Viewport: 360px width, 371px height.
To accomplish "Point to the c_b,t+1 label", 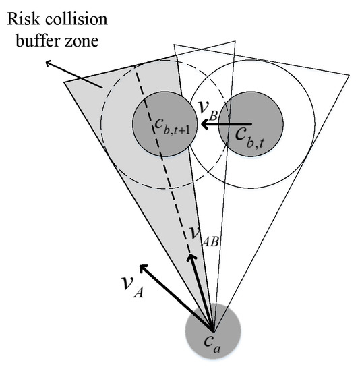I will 160,124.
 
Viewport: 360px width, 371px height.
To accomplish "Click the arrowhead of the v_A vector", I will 143,268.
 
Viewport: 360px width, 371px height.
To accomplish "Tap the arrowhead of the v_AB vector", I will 192,258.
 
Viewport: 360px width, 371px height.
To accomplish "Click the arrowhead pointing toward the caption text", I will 48,63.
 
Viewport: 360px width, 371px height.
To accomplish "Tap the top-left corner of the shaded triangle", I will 65,82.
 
